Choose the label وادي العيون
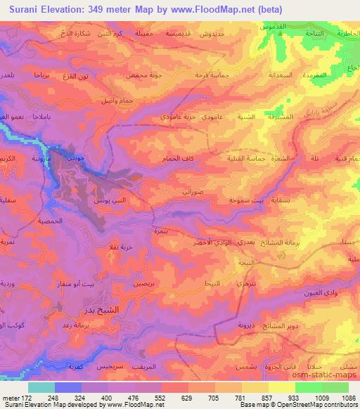click(x=317, y=291)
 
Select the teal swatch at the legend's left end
click(x=41, y=387)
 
